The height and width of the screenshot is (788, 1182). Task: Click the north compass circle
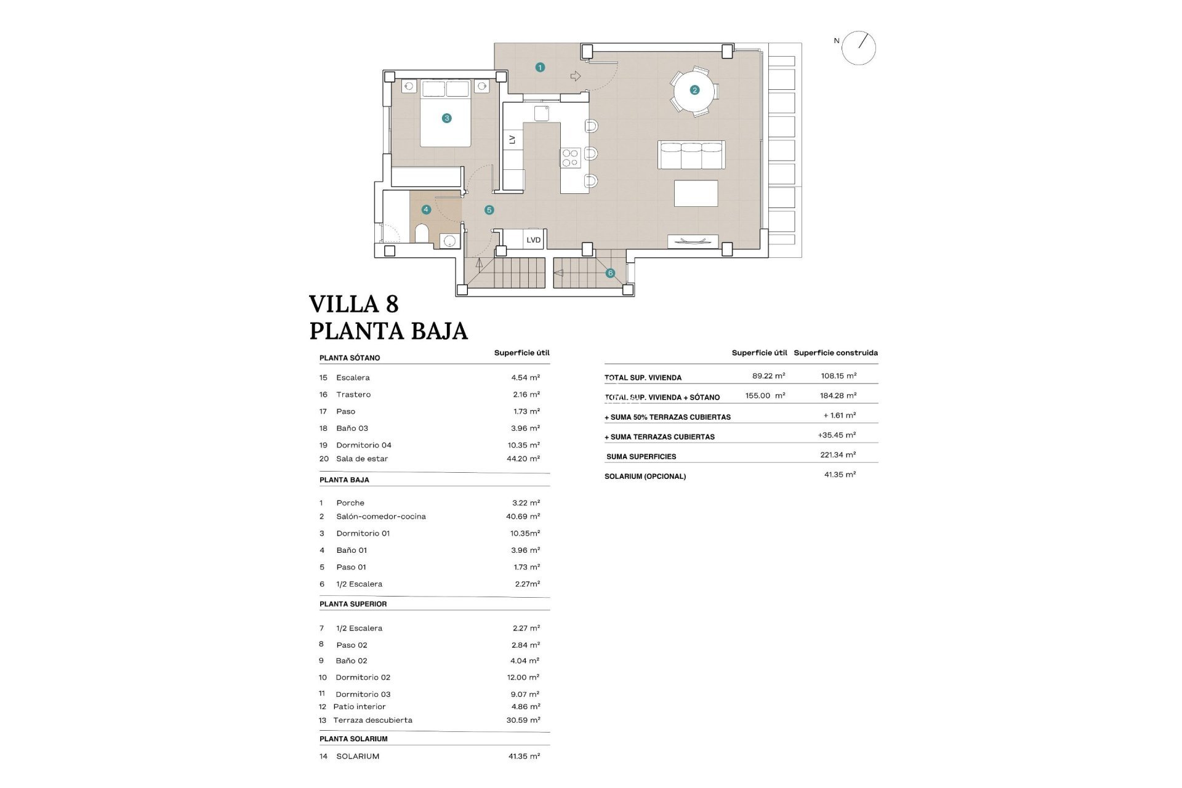click(858, 48)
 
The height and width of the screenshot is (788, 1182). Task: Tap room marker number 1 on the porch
click(540, 67)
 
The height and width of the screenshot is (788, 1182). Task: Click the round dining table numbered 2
click(694, 90)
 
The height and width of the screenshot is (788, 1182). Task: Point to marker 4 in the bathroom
click(425, 209)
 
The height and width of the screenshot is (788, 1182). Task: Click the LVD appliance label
click(533, 240)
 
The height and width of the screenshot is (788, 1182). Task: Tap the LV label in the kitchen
click(512, 140)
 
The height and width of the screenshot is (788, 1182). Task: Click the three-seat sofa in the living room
click(691, 155)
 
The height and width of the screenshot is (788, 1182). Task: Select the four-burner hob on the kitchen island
click(570, 158)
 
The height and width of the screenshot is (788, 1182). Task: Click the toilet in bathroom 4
click(422, 234)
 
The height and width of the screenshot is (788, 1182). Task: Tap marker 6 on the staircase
click(610, 273)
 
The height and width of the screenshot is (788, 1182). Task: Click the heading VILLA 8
click(353, 304)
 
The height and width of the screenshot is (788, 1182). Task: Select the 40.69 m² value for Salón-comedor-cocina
click(523, 517)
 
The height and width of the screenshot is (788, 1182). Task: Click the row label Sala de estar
click(361, 459)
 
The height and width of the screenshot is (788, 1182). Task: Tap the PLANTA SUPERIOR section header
click(353, 604)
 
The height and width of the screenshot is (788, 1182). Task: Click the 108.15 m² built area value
click(838, 376)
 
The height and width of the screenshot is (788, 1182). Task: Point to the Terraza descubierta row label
click(372, 720)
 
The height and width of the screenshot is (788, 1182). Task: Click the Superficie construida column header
click(835, 353)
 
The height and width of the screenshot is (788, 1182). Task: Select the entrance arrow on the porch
click(576, 76)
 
